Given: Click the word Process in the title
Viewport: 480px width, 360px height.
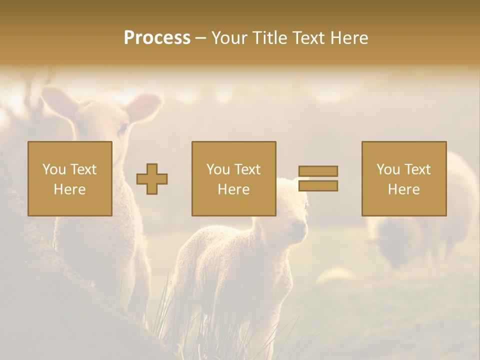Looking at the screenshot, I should coord(157,38).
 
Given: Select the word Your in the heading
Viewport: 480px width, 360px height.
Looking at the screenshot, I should coord(228,38).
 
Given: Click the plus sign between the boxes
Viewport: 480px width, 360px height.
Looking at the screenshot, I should coord(152,179).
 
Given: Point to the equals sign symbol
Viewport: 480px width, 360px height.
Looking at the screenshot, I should coord(318,178).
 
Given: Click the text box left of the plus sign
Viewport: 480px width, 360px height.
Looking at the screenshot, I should coord(70,178).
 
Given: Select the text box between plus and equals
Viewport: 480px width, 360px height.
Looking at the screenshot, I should coord(234,178).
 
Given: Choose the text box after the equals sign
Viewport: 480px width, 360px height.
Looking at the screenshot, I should coord(404,178).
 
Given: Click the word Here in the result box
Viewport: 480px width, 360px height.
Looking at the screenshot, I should coord(404,189).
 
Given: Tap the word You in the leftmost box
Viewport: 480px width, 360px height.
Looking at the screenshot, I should coord(52,169).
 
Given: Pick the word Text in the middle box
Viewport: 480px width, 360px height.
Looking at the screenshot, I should coord(247,169).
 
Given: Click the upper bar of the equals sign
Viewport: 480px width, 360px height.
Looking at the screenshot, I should coord(318,171).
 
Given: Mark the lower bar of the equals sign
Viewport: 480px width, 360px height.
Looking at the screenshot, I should coord(318,186).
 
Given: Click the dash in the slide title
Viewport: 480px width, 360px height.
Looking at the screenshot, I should coord(200,38).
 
